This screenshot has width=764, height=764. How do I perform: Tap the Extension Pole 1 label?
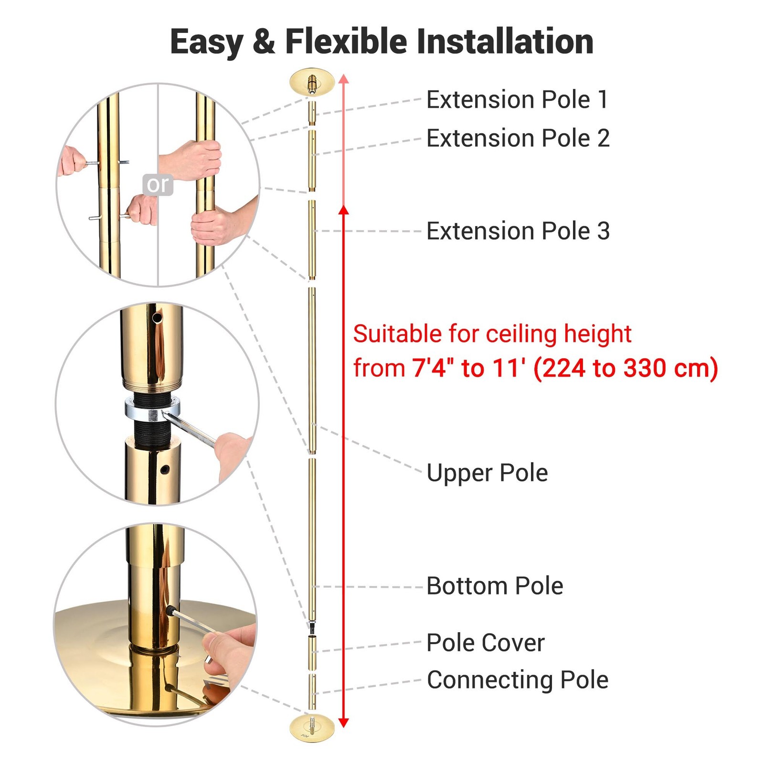click(517, 100)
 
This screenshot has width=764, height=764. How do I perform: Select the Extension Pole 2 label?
click(518, 138)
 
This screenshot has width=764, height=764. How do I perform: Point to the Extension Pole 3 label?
click(518, 231)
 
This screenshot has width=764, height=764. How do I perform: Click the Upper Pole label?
click(487, 473)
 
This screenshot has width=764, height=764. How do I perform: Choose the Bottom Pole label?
click(495, 586)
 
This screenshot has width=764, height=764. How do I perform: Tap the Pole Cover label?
click(485, 643)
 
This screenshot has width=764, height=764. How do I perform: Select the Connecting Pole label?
click(518, 680)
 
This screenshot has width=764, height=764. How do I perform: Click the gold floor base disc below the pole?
click(312, 728)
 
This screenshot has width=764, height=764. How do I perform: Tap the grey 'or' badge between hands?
click(158, 184)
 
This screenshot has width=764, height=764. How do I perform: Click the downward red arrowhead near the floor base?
click(344, 722)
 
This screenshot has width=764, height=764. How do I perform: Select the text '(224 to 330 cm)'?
click(626, 369)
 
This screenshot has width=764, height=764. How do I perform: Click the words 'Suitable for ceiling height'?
click(492, 334)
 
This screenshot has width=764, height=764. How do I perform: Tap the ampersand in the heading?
click(264, 42)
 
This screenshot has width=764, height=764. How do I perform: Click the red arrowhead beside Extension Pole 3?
click(344, 210)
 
